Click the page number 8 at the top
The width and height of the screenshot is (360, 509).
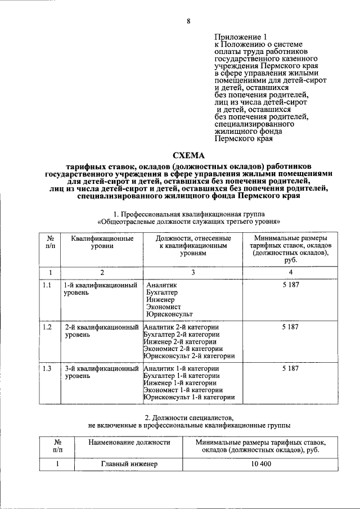click(188, 21)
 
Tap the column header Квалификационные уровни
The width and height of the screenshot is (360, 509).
click(102, 242)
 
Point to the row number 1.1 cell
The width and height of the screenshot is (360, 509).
click(47, 285)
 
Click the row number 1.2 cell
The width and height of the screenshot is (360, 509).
click(47, 327)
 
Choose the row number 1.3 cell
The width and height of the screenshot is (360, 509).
click(47, 368)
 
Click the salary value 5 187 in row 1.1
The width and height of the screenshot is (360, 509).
click(290, 285)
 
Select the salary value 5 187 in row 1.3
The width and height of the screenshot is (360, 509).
click(290, 368)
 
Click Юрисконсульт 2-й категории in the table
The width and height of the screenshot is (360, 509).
click(189, 355)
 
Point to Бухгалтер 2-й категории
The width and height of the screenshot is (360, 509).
click(182, 334)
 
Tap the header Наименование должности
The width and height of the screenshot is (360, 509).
click(129, 443)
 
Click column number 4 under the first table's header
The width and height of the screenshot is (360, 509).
click(290, 273)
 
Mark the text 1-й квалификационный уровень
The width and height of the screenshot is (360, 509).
click(100, 289)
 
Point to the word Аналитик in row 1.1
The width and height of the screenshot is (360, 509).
click(161, 285)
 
